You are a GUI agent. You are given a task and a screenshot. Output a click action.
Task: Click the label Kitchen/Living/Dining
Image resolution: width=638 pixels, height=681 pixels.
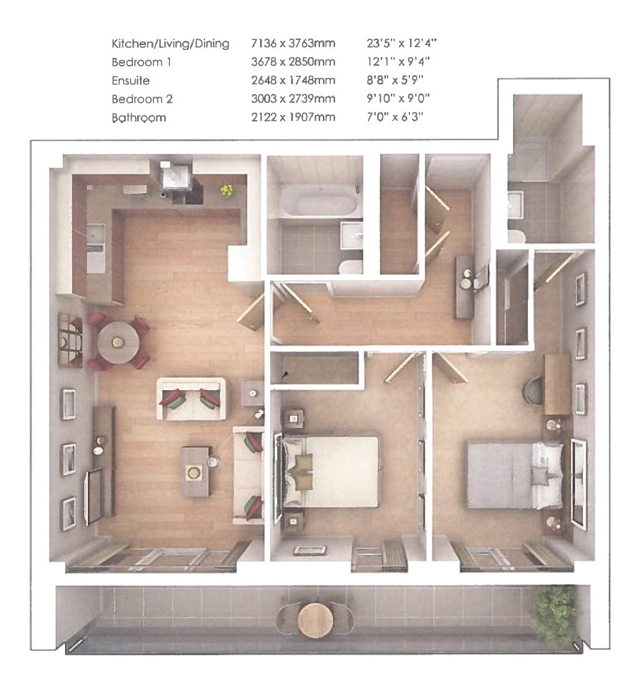pyautogui.click(x=170, y=44)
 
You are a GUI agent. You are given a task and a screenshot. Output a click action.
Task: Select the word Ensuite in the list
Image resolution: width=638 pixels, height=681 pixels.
pyautogui.click(x=131, y=81)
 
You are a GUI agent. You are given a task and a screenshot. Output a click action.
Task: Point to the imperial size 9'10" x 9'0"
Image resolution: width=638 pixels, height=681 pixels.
pyautogui.click(x=392, y=99)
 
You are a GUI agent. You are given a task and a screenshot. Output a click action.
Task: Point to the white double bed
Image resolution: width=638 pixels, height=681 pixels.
pyautogui.click(x=336, y=471)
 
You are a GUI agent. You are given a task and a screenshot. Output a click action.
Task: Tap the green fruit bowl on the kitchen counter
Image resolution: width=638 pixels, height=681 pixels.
pyautogui.click(x=226, y=190)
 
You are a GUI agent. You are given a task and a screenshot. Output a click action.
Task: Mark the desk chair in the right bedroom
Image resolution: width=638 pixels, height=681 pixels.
pyautogui.click(x=534, y=391)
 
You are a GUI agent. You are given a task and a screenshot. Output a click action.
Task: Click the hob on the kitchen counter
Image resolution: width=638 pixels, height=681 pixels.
pyautogui.click(x=133, y=191)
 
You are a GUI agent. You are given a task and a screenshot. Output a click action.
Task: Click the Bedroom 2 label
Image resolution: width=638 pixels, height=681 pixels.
pyautogui.click(x=142, y=99)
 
